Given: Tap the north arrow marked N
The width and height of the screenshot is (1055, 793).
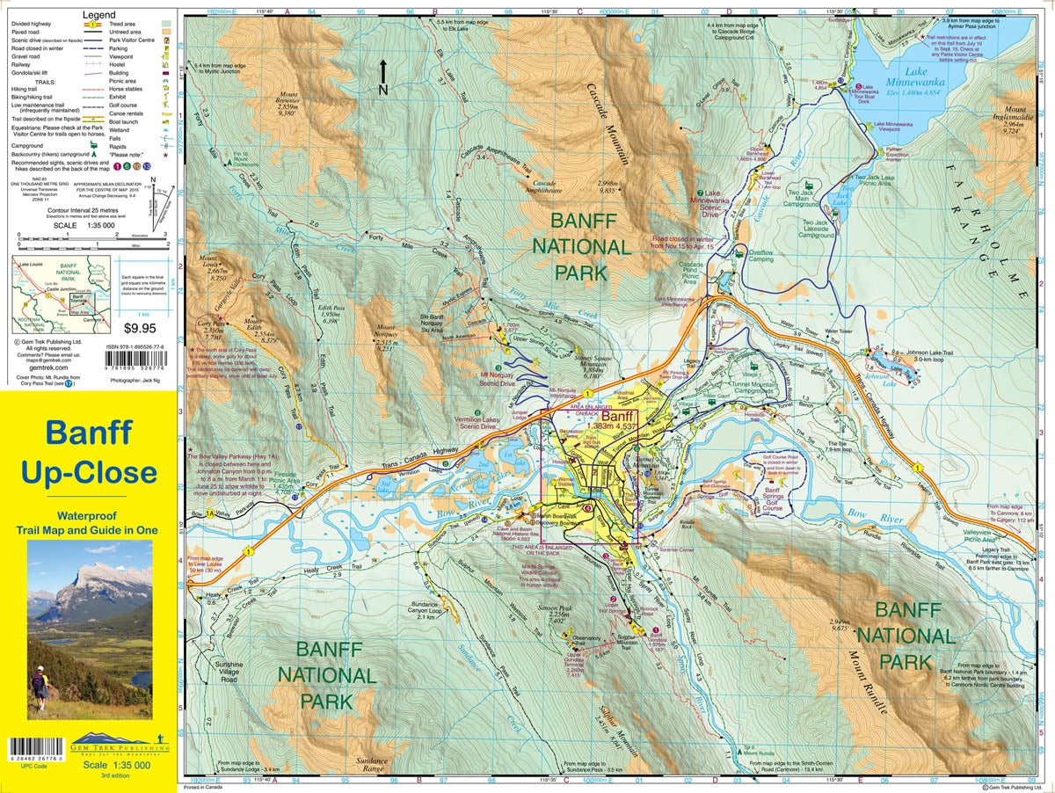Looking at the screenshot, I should tap(382, 74).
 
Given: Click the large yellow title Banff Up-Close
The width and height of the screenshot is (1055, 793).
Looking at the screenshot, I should tap(89, 453).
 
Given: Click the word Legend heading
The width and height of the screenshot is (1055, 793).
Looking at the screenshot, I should tap(98, 16).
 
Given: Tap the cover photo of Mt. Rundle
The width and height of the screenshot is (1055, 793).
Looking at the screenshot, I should tap(89, 630).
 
